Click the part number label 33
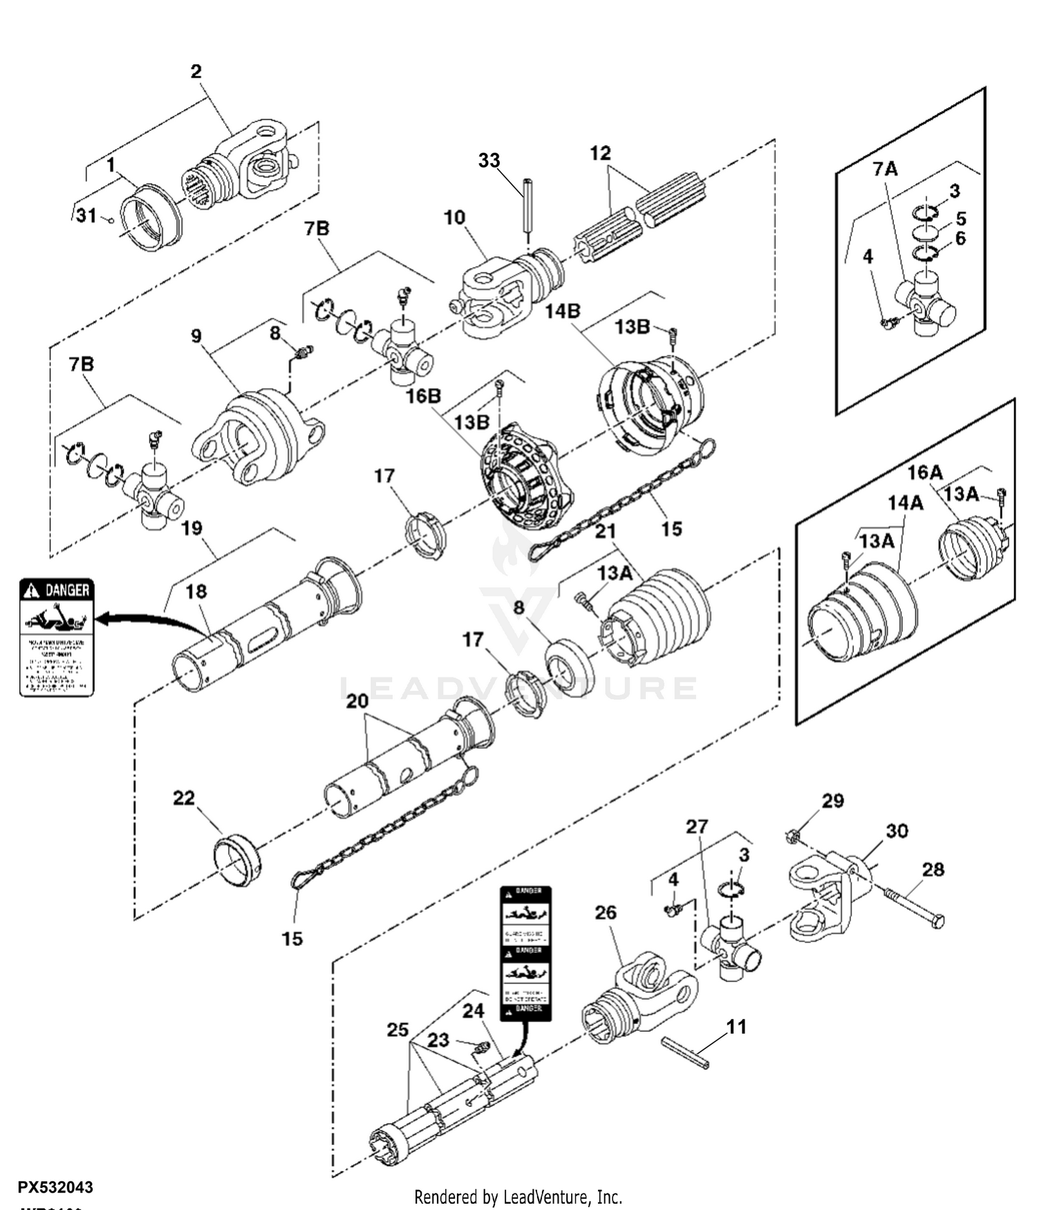coord(489,160)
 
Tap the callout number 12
coord(600,153)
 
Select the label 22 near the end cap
coord(184,798)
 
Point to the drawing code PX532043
coord(55,1188)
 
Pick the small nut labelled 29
coord(794,837)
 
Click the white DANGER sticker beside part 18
coord(56,637)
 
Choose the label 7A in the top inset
coord(885,169)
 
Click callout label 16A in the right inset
coord(925,473)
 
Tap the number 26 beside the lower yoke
coord(606,913)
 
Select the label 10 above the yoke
coord(454,217)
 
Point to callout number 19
coord(191,528)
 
